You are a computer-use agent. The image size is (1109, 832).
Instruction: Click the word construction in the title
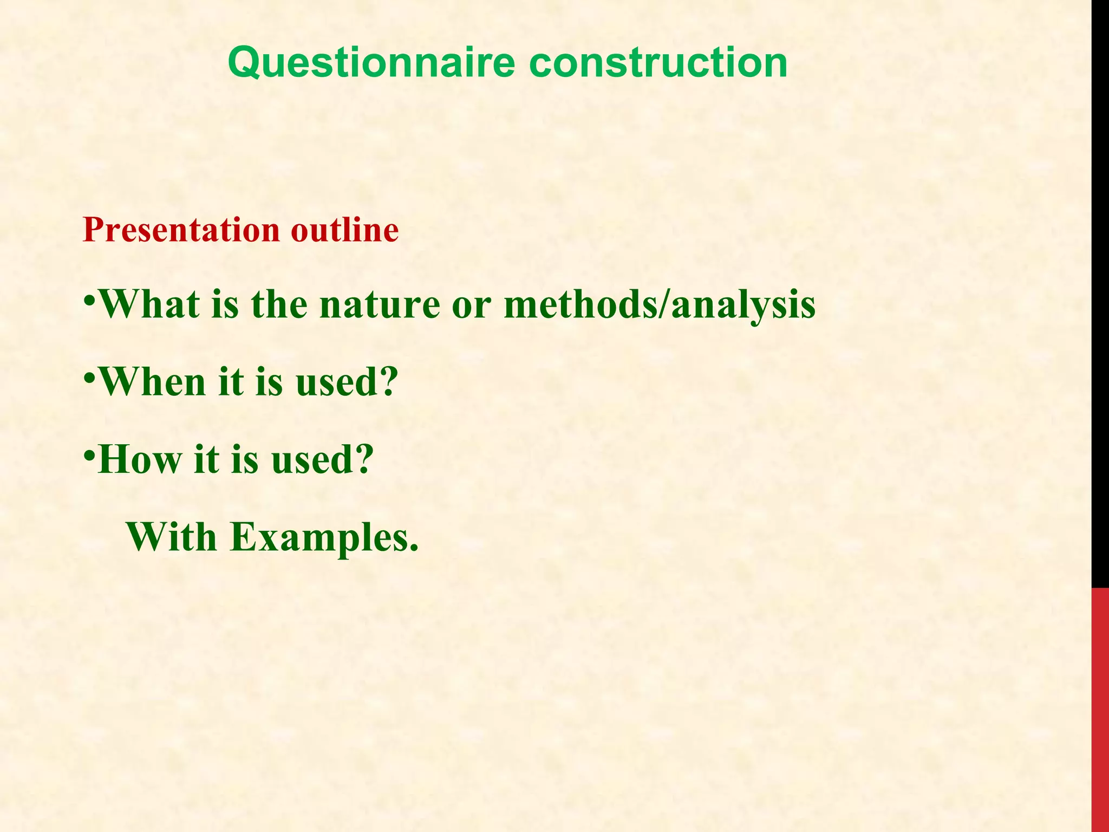click(x=657, y=63)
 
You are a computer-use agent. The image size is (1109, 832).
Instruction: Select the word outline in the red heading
click(x=344, y=230)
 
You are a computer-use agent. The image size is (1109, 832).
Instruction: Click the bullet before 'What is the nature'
click(x=89, y=300)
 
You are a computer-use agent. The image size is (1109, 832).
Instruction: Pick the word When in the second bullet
click(x=153, y=382)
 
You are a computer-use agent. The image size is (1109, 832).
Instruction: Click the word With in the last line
click(x=172, y=537)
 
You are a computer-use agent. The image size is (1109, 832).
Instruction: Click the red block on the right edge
click(x=1100, y=710)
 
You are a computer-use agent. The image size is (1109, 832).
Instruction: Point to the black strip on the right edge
click(x=1100, y=292)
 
